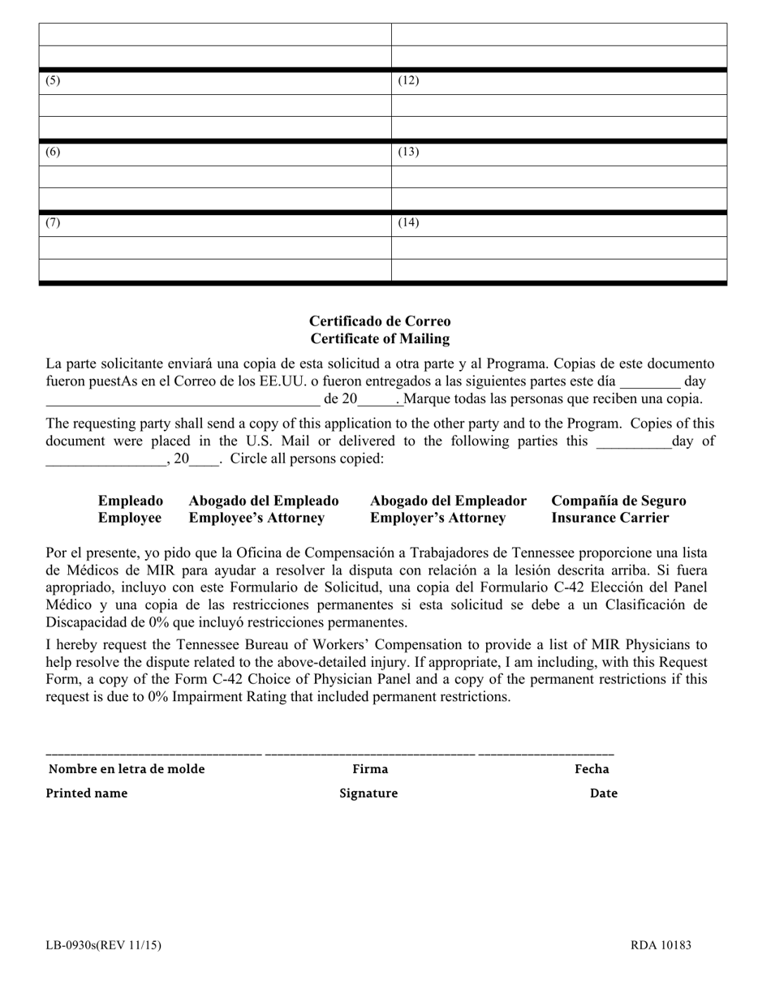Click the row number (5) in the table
52,81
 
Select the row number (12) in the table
407,81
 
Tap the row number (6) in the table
52,153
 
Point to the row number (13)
407,153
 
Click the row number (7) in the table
52,223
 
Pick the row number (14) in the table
407,223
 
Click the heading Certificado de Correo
380,321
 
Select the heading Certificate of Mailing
380,339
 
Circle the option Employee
130,518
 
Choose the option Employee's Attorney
256,518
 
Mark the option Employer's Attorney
438,518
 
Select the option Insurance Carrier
610,518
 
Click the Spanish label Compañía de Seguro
618,501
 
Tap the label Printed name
87,794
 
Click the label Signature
368,794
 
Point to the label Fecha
592,769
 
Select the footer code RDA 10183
661,945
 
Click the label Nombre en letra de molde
127,769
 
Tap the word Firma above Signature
370,769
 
